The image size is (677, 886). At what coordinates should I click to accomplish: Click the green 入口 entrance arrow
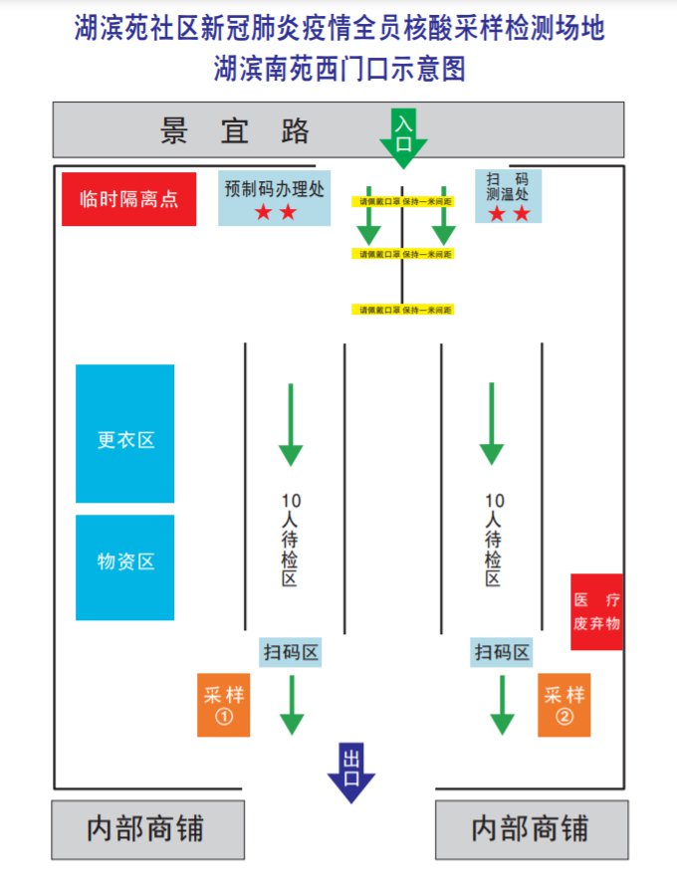(403, 135)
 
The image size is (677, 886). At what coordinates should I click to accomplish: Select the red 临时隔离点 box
(128, 199)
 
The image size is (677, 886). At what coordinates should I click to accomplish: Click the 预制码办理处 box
(274, 197)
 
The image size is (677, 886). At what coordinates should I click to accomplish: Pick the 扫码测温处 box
(508, 195)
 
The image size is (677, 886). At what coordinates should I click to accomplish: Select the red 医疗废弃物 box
(596, 611)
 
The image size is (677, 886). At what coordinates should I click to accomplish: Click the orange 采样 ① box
(223, 706)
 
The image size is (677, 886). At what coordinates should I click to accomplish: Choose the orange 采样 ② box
(564, 706)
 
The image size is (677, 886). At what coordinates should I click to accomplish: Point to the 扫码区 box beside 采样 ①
(290, 653)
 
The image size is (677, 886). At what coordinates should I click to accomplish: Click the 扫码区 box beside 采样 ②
(502, 653)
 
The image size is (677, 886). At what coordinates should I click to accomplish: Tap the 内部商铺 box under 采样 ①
(147, 829)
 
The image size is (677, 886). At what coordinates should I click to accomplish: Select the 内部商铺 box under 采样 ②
(532, 829)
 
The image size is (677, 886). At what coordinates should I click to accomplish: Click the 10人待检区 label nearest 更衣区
(290, 538)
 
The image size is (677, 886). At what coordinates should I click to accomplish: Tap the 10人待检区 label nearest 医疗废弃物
(493, 538)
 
